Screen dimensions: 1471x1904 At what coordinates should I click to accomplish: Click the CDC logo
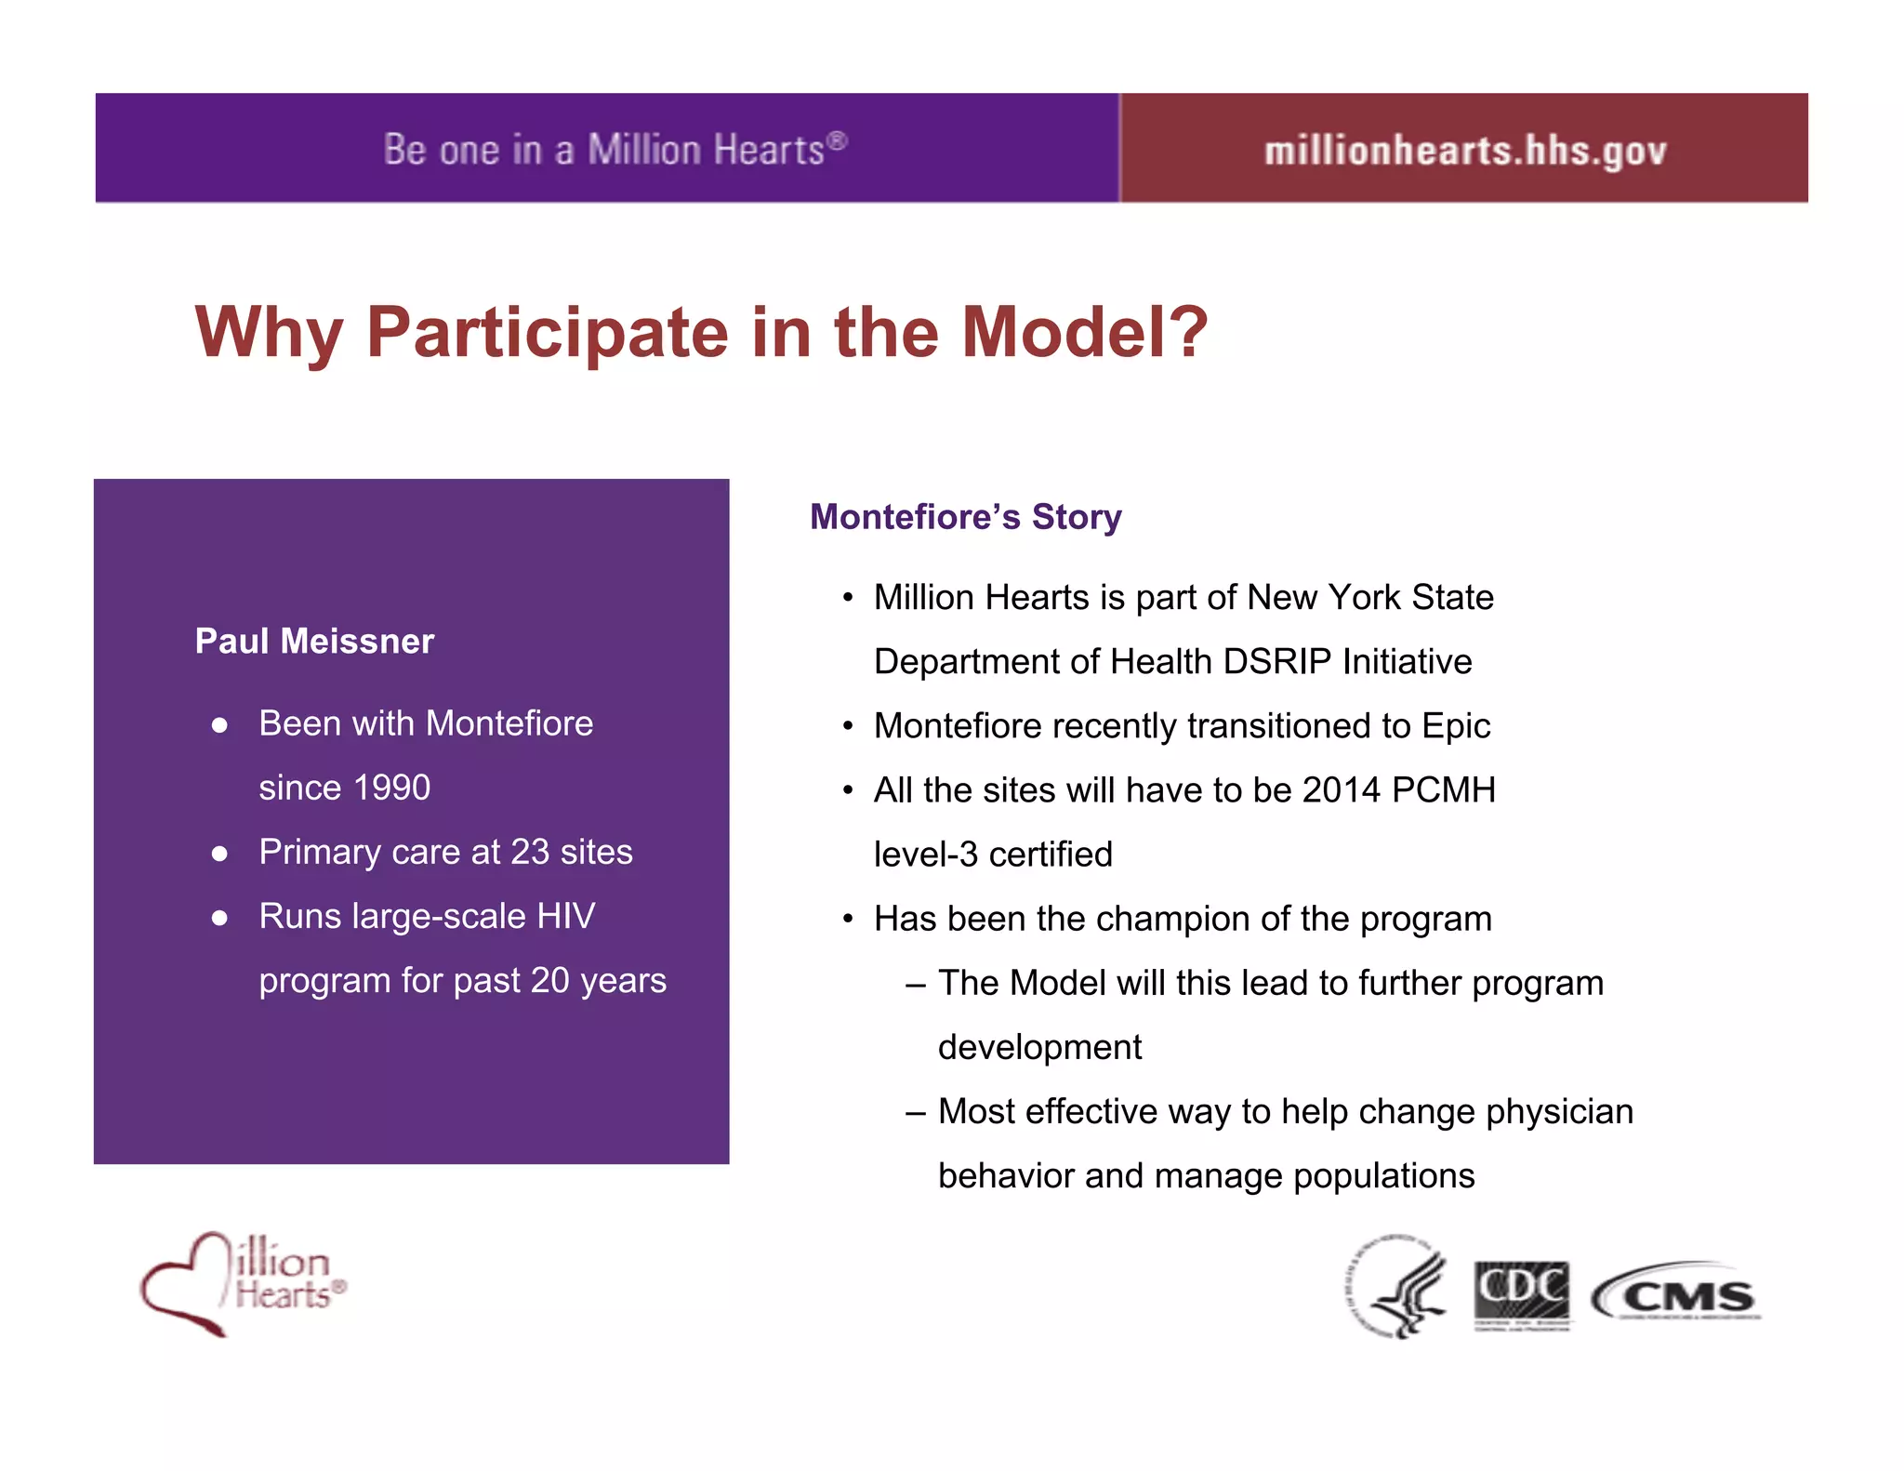(x=1522, y=1294)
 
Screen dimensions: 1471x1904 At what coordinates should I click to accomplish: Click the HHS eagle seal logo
(x=1398, y=1288)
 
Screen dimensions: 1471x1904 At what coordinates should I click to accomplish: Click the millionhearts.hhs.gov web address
(x=1464, y=151)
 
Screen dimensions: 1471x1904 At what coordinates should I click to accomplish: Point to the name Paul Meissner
(x=314, y=642)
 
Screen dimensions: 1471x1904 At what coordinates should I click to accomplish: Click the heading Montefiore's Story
(x=965, y=517)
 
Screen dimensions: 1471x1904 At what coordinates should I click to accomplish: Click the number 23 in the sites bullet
(x=530, y=853)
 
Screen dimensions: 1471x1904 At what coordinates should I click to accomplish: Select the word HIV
(x=565, y=917)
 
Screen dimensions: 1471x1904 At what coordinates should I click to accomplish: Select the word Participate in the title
(x=547, y=333)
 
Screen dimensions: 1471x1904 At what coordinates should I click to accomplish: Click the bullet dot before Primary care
(x=219, y=854)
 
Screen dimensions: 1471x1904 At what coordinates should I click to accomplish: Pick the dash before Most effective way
(x=916, y=1112)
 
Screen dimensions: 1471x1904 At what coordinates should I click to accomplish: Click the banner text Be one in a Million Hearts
(x=615, y=150)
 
